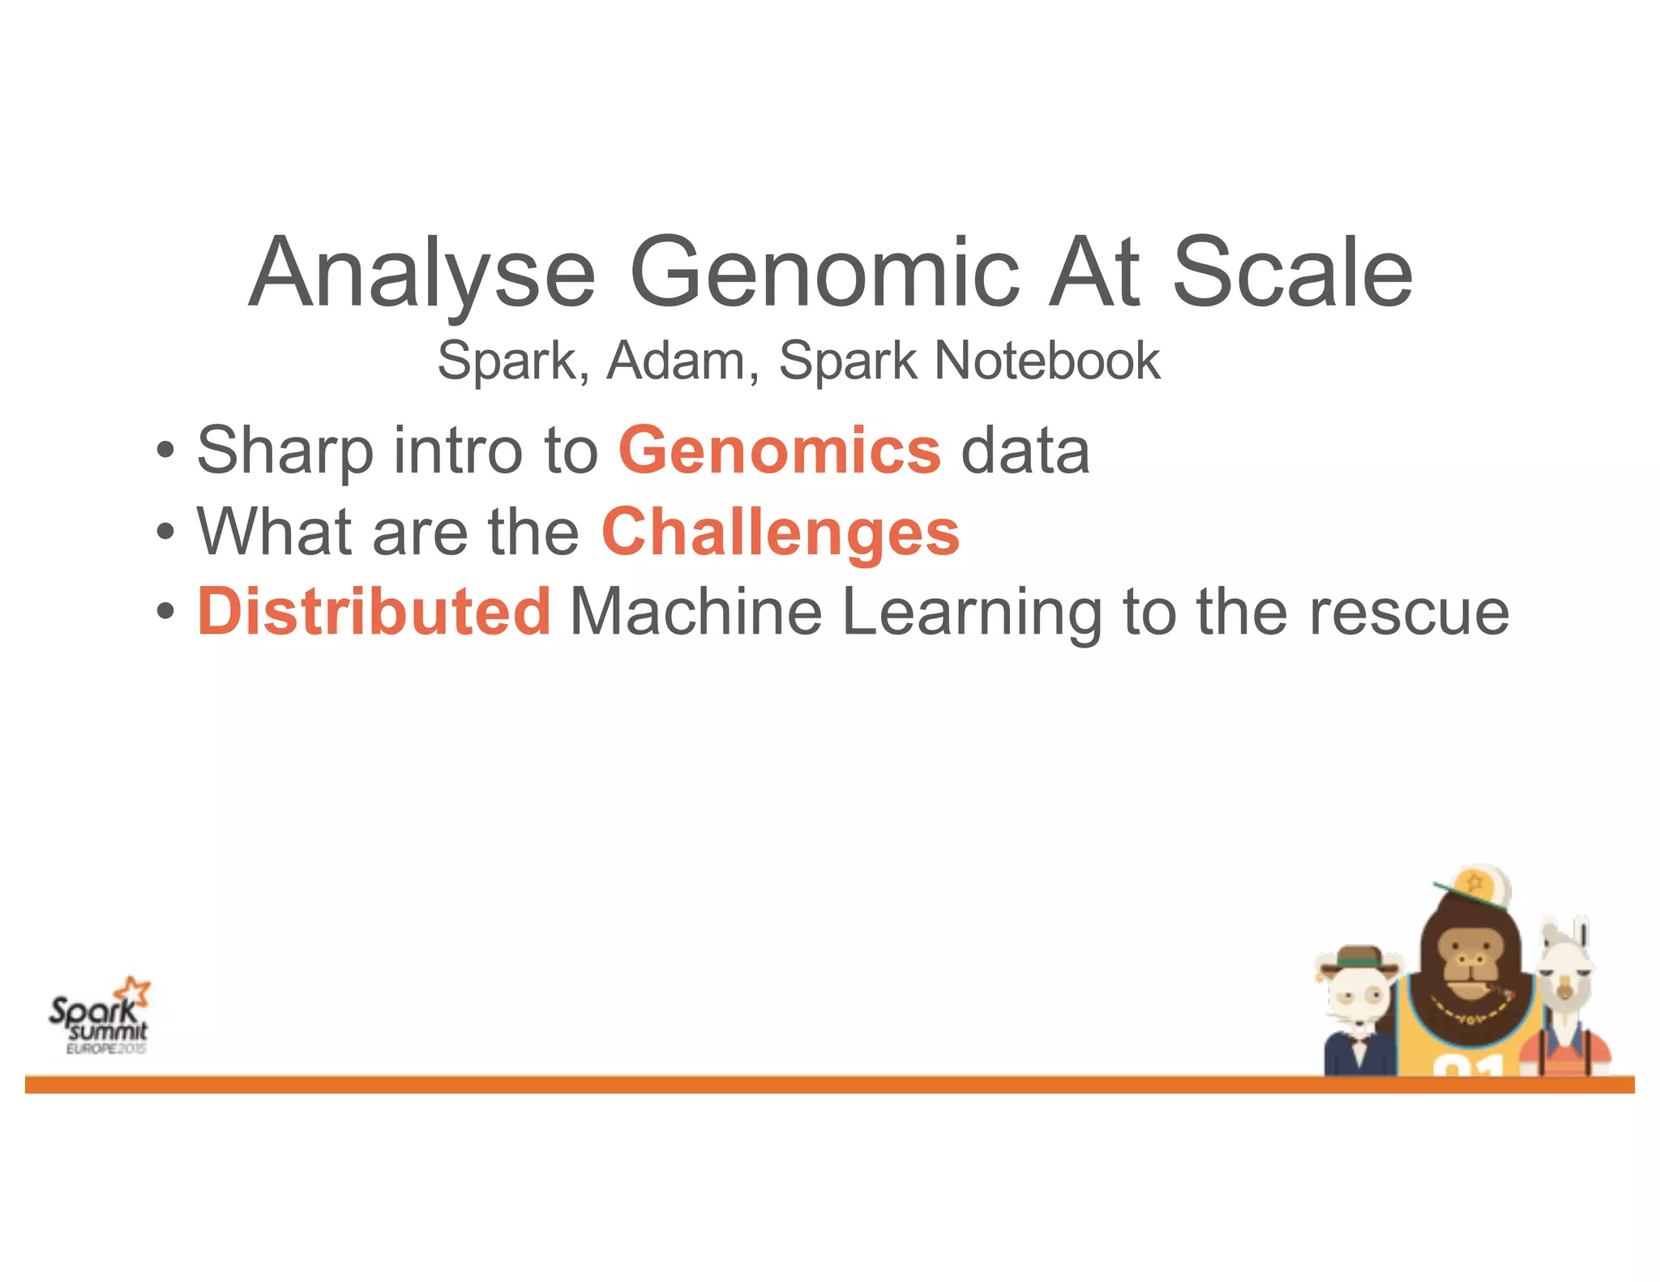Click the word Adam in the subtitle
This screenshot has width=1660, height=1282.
pyautogui.click(x=676, y=361)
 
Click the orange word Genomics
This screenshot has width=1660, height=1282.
pyautogui.click(x=779, y=451)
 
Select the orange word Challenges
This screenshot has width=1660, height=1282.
pyautogui.click(x=781, y=532)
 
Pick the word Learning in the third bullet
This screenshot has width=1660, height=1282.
pyautogui.click(x=971, y=613)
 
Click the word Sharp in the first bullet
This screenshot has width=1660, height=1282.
pyautogui.click(x=285, y=451)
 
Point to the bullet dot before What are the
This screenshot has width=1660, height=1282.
pyautogui.click(x=165, y=533)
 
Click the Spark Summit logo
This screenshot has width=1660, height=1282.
pyautogui.click(x=99, y=1018)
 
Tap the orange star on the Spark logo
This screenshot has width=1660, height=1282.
pyautogui.click(x=133, y=991)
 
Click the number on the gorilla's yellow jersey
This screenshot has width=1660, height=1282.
pyautogui.click(x=1467, y=1066)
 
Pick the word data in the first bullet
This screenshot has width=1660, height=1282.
pyautogui.click(x=1025, y=451)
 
